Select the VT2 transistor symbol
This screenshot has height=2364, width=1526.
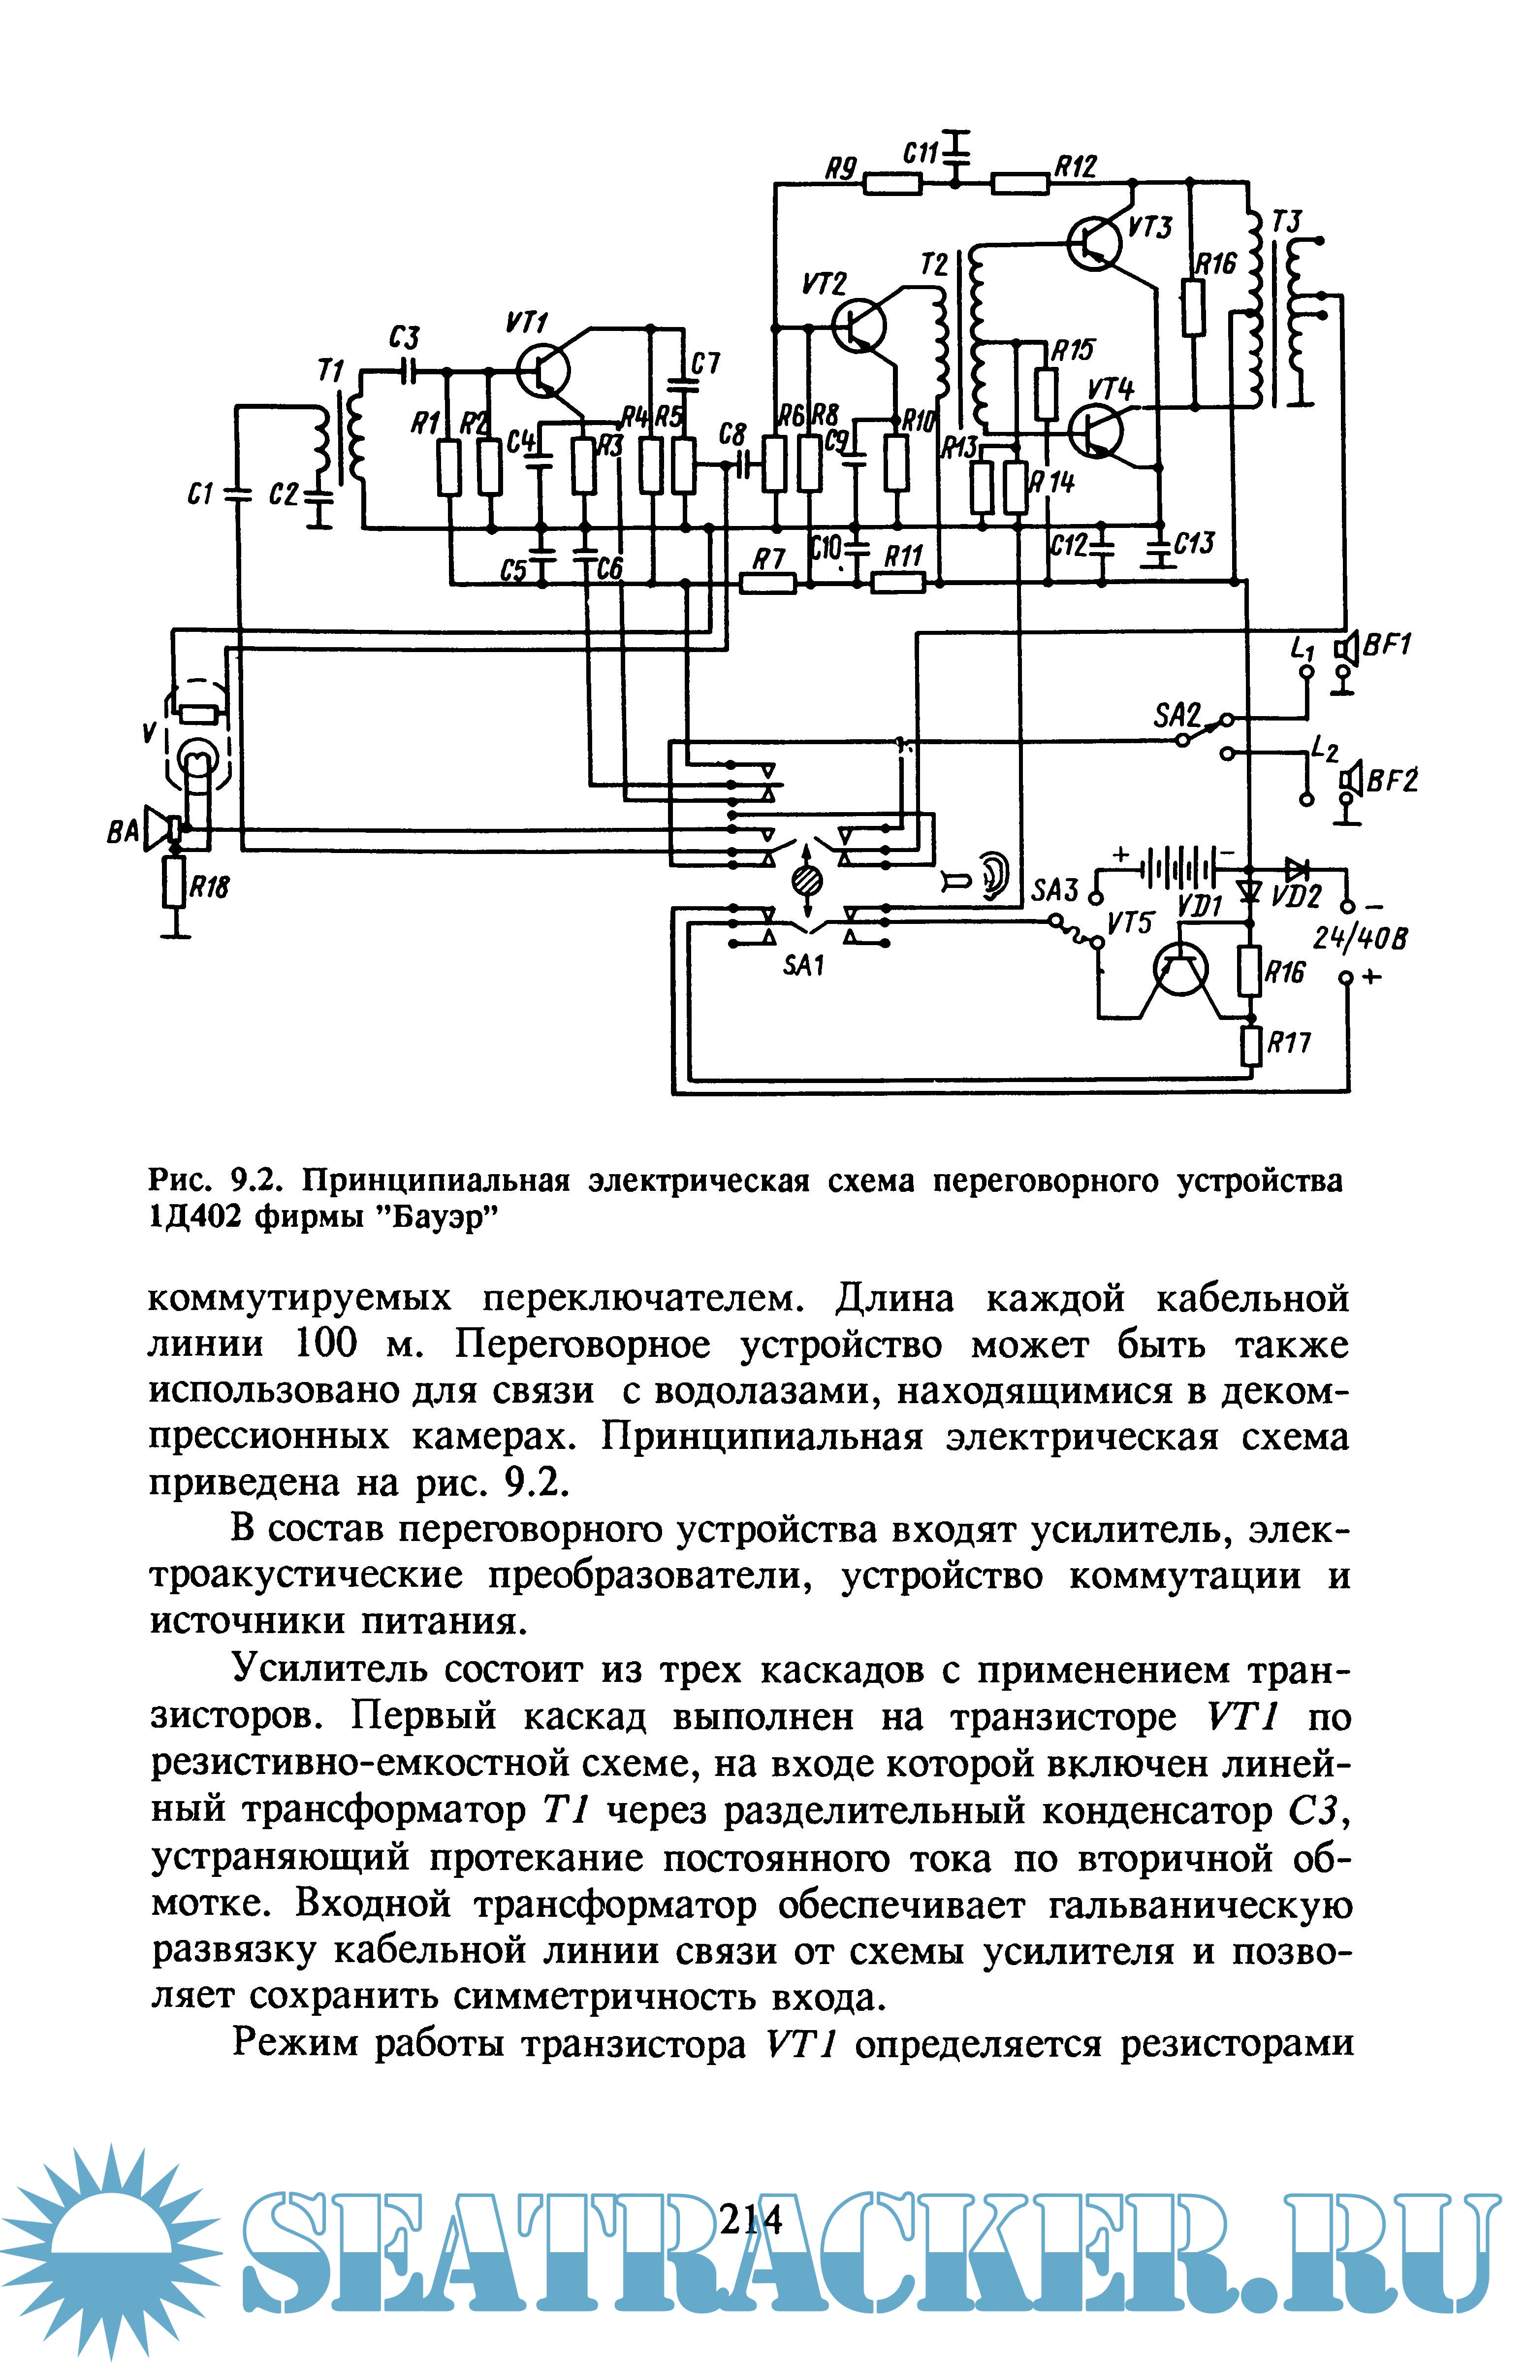point(858,325)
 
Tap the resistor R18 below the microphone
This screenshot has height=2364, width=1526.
point(175,883)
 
